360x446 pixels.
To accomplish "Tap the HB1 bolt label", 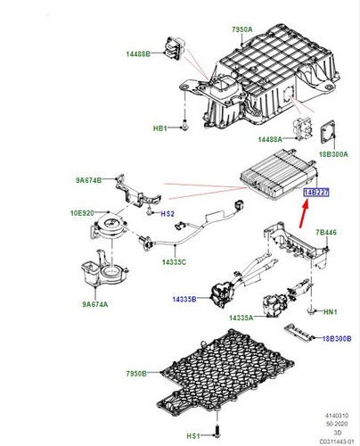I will pos(160,128).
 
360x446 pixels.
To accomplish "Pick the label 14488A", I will pos(271,139).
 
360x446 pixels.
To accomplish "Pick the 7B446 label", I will pos(325,232).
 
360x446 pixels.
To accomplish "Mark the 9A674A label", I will pos(94,304).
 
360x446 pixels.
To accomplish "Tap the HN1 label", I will pos(330,311).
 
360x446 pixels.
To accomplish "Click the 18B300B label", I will pos(338,339).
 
